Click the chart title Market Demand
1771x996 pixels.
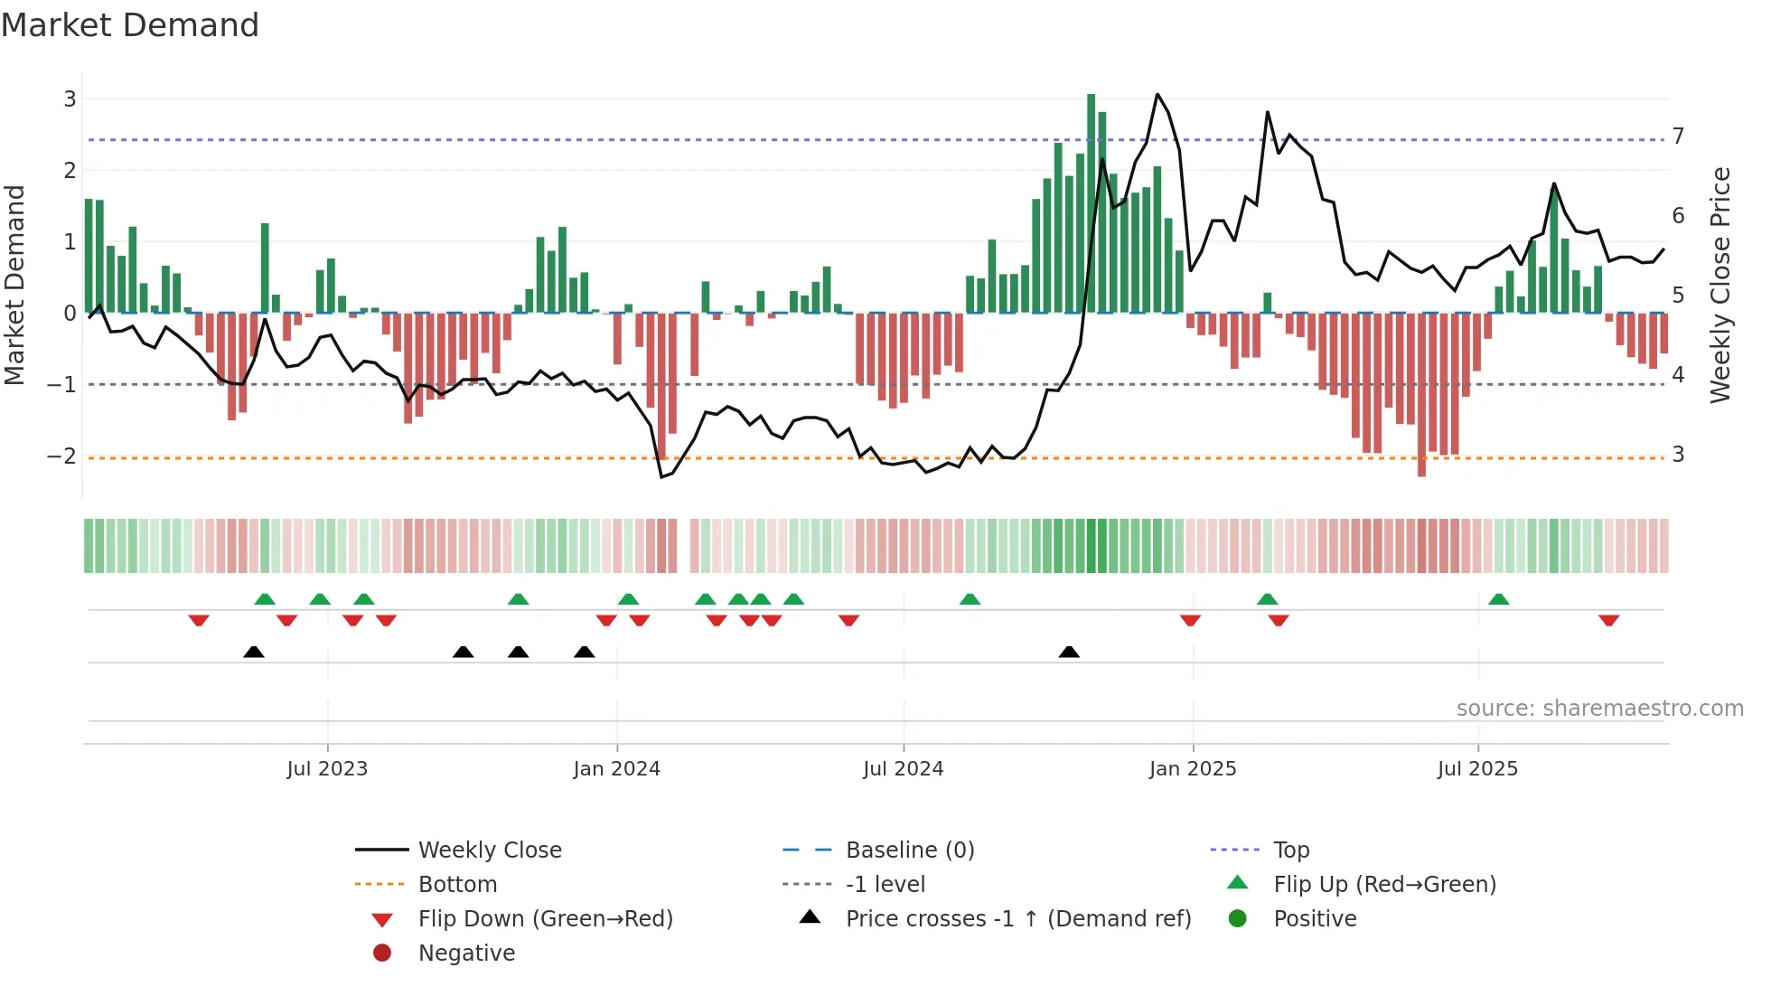coord(130,25)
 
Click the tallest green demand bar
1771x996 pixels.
coord(1091,203)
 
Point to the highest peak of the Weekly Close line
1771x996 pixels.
coord(1157,95)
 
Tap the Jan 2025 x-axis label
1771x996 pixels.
coord(1192,769)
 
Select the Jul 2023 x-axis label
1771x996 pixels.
coord(327,769)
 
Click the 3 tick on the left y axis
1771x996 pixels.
coord(70,99)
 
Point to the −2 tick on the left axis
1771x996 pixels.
coord(62,456)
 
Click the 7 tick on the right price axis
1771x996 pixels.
coord(1678,136)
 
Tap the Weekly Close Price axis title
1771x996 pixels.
coord(1720,285)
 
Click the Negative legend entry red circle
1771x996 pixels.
coord(382,953)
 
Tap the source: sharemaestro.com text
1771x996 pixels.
coord(1599,709)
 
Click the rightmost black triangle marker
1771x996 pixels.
coord(1069,652)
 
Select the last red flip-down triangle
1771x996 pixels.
coord(1608,620)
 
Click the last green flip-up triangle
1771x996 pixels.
coord(1498,599)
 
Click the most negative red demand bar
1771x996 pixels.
coord(1421,394)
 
